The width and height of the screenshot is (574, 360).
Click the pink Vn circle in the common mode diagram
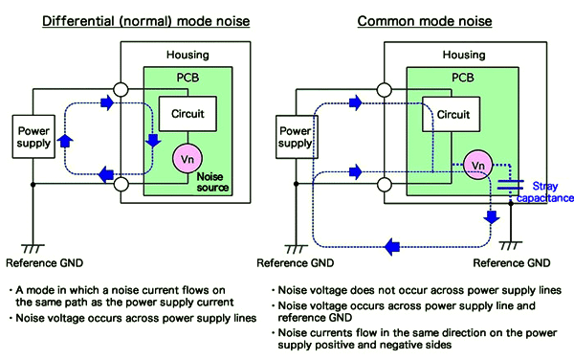[x=479, y=165]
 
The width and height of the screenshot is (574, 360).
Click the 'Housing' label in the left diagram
[x=187, y=56]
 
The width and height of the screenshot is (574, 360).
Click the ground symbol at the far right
[x=515, y=244]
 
